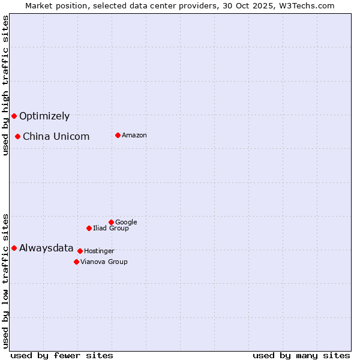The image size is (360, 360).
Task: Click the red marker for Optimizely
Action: [14, 116]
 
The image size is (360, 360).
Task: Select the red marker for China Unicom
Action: [18, 136]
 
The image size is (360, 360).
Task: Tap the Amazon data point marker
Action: [118, 135]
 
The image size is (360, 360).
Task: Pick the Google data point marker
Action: [111, 222]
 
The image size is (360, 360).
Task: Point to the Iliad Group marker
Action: [89, 228]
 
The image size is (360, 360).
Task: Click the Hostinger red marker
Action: [80, 251]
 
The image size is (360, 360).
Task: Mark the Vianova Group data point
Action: [76, 262]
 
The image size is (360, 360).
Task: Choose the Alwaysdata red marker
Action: [14, 248]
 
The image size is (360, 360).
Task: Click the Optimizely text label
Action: [44, 116]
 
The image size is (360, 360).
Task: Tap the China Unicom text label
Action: [56, 137]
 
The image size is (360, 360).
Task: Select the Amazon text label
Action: [134, 136]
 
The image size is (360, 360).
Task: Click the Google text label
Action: [126, 223]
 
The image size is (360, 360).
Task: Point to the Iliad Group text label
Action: [111, 228]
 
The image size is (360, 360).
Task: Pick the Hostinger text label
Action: [99, 251]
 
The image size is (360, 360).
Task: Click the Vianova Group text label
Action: [104, 262]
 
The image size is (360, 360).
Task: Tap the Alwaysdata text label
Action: [46, 248]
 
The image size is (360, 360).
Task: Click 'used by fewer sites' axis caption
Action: [62, 355]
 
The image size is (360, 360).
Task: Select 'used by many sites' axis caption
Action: [301, 355]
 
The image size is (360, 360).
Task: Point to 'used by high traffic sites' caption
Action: [5, 85]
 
